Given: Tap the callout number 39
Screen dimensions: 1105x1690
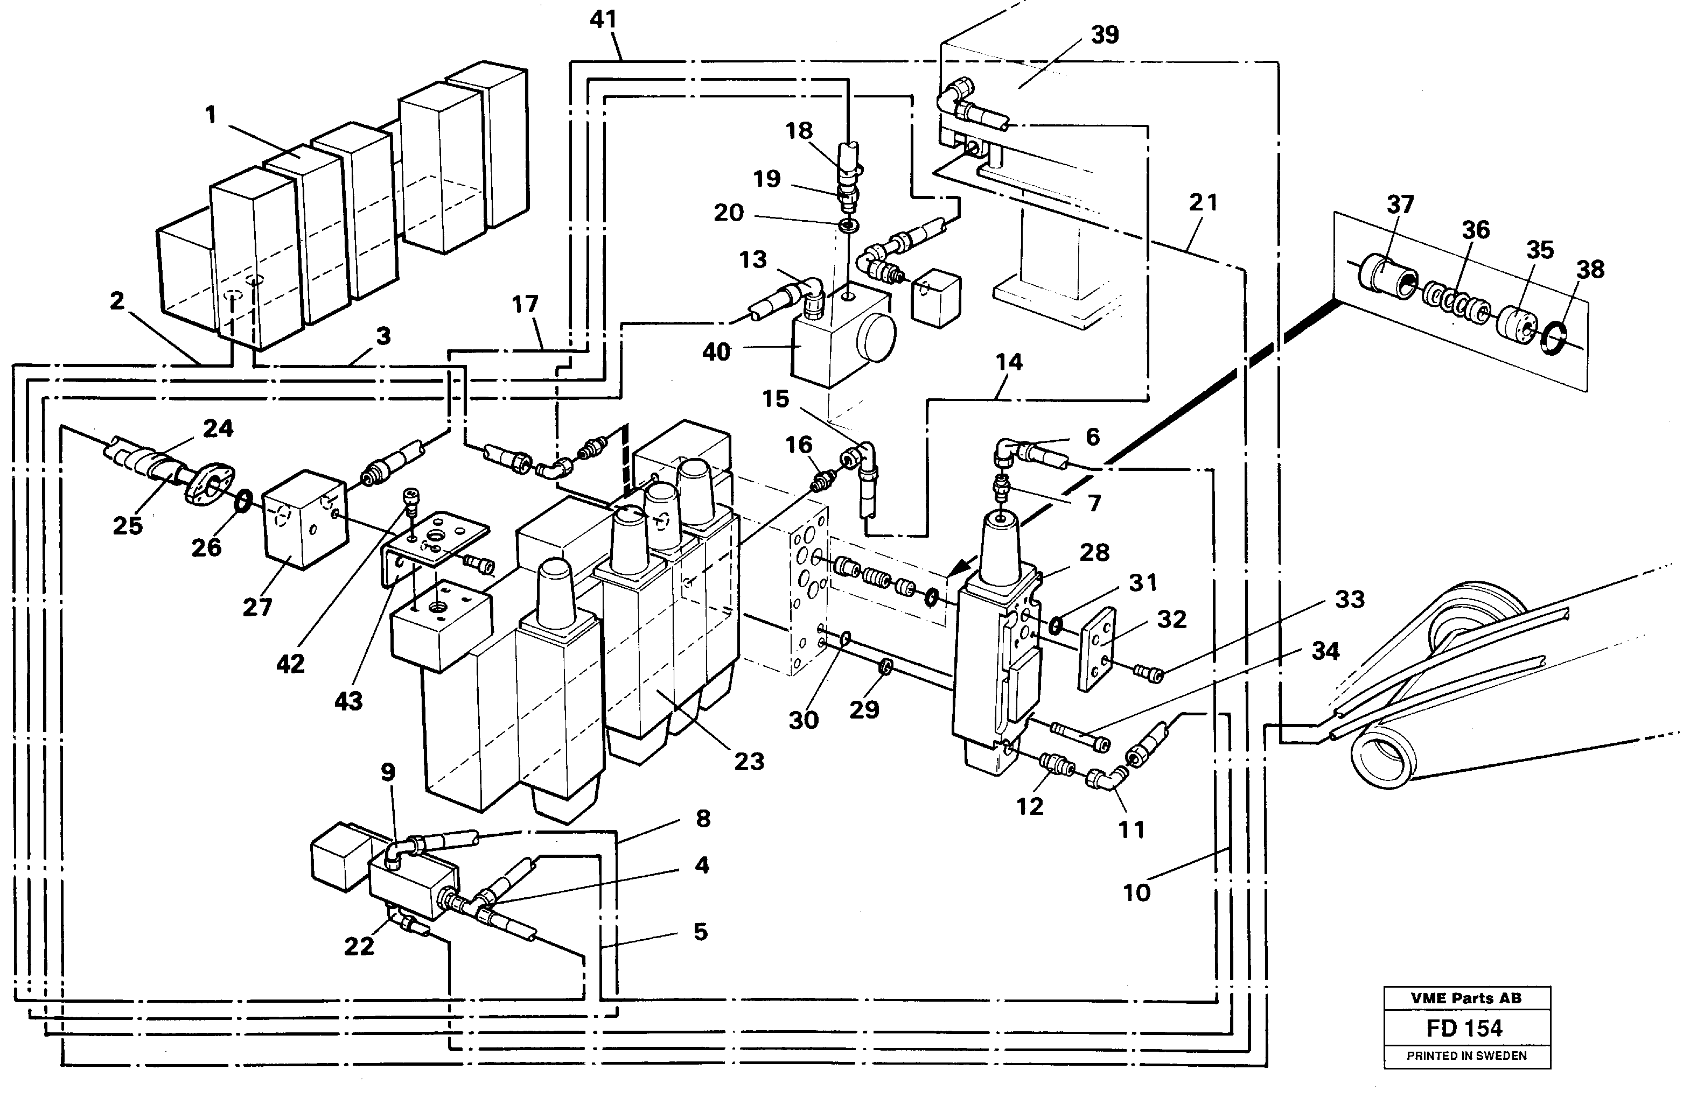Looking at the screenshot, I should tap(1104, 34).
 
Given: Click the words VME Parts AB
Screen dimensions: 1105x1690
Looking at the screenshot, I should tap(1466, 998).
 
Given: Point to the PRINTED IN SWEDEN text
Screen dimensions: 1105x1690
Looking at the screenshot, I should tap(1466, 1056).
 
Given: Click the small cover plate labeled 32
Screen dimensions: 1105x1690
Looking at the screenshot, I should tap(1098, 648).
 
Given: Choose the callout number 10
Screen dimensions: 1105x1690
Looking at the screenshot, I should tap(1136, 892).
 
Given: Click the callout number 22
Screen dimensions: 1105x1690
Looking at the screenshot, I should tap(359, 946).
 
